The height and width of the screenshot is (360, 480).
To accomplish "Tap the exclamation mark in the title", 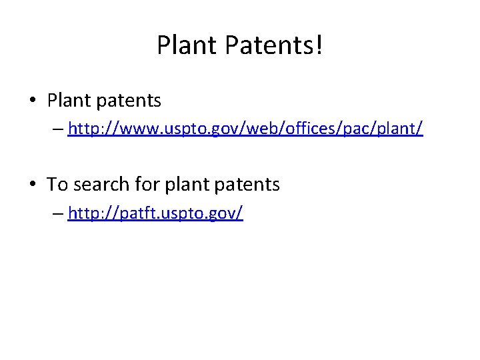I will coord(319,45).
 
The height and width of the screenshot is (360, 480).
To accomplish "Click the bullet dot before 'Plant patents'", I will coord(33,101).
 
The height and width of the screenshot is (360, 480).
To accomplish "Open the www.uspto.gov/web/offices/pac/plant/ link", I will coord(245,129).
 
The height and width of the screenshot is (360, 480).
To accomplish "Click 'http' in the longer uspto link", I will coord(82,129).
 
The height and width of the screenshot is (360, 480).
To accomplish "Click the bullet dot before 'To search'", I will coord(33,185).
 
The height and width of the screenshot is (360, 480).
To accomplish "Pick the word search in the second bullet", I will coord(97,184).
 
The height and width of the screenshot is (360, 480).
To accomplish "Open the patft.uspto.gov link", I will coord(155,213).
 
